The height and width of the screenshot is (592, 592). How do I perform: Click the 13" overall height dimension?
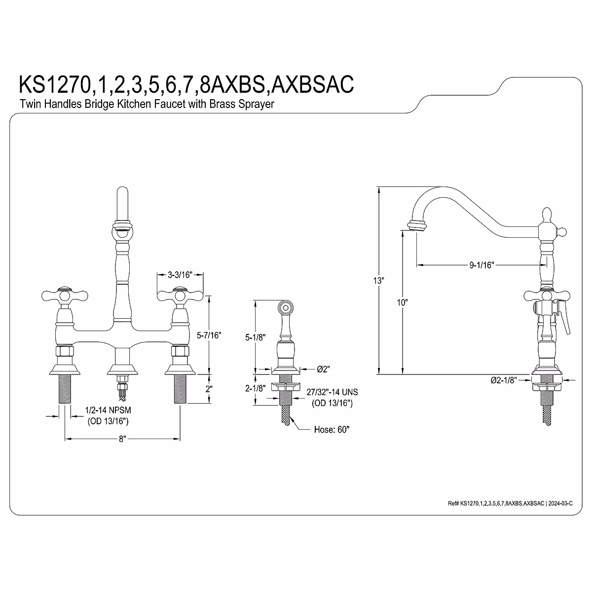click(379, 281)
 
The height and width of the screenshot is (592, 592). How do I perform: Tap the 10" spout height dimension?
click(402, 302)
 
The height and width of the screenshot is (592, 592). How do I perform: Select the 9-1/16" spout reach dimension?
click(481, 265)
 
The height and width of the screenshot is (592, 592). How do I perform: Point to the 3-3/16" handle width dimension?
click(180, 275)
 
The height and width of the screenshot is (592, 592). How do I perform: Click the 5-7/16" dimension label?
click(209, 335)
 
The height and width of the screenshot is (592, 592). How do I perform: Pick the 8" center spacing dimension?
click(122, 439)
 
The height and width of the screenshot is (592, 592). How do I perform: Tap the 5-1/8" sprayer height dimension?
click(255, 337)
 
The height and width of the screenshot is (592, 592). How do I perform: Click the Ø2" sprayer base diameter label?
click(323, 369)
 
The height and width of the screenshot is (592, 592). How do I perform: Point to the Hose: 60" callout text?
click(332, 429)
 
